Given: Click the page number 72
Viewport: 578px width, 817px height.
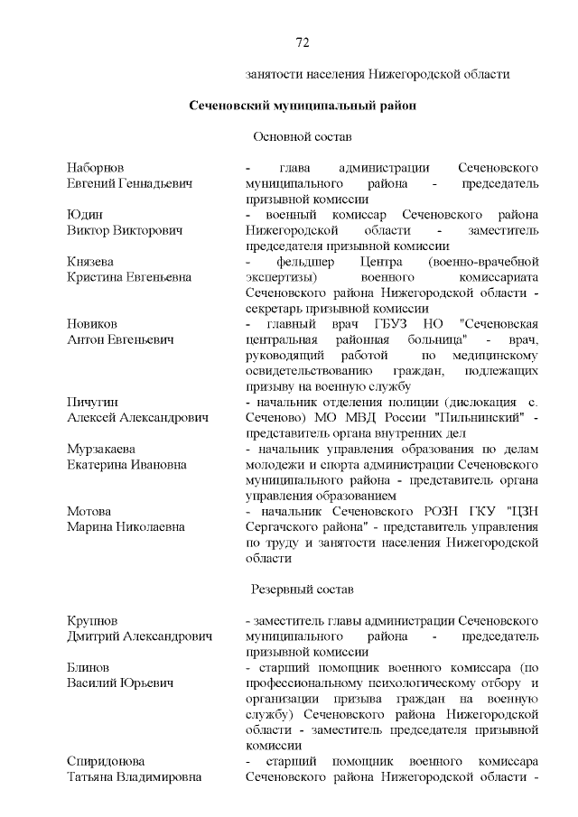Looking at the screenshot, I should coord(303,42).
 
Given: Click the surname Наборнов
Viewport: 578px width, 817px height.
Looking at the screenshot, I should coord(95,168).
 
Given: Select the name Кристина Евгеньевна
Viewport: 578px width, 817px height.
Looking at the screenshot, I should coord(128,277).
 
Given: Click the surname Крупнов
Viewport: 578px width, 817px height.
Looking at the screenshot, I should coord(92,621).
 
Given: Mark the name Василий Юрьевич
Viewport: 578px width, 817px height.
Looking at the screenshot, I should coord(117,683).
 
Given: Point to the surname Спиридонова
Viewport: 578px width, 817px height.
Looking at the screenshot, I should coord(106,761).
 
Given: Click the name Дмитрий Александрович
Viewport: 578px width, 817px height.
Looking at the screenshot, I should coord(139,636).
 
